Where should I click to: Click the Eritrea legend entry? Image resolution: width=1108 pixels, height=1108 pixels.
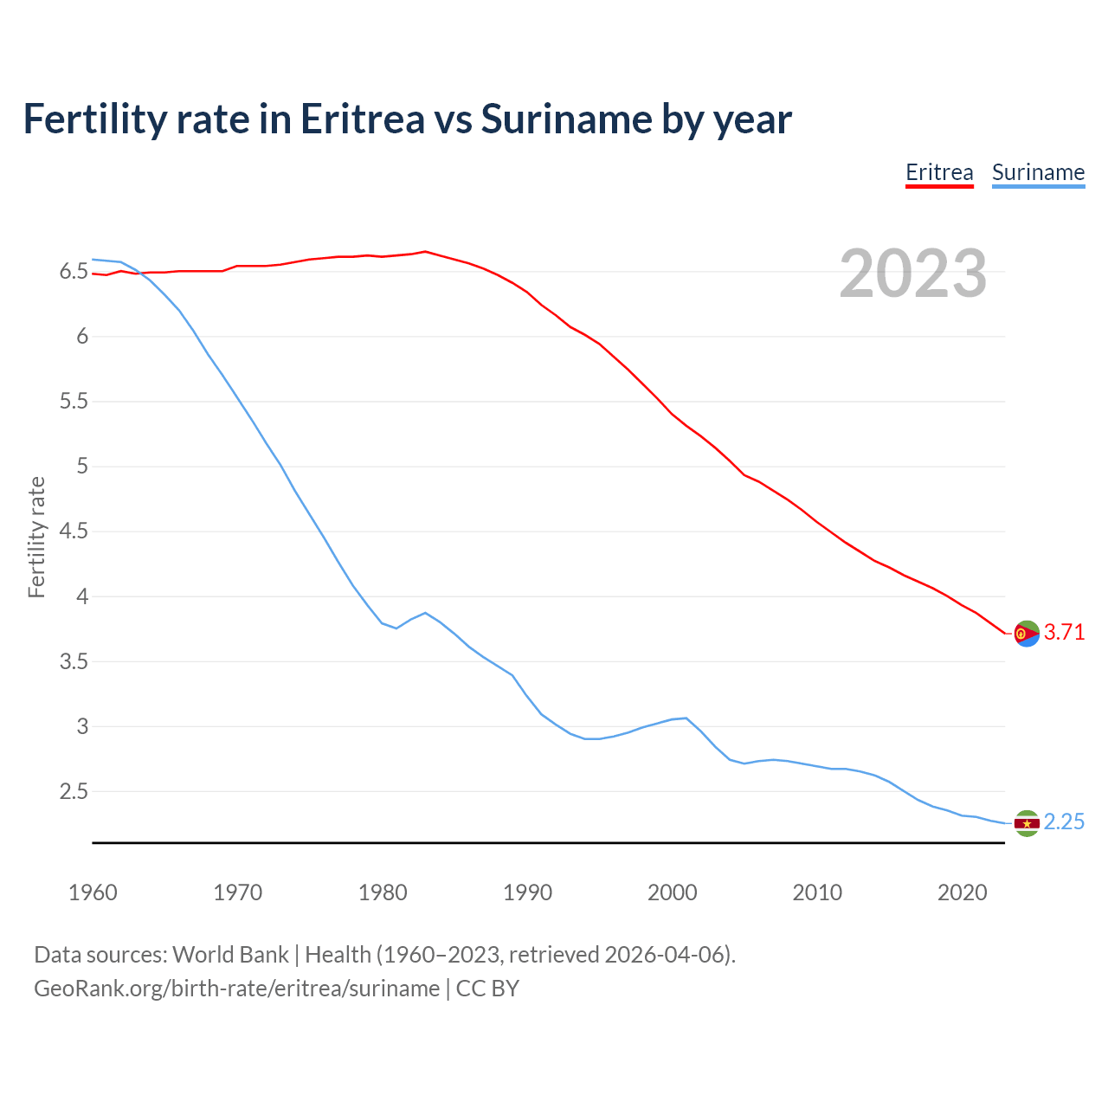pos(939,172)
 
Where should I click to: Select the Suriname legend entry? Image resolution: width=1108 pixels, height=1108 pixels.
pos(1038,172)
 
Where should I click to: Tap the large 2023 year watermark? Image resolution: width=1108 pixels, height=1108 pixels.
pos(913,274)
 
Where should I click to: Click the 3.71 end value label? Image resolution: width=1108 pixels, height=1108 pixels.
pos(1064,633)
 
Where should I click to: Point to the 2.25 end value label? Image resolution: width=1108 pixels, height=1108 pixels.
pos(1064,822)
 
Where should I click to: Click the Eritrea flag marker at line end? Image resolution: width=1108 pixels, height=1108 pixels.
pos(1027,634)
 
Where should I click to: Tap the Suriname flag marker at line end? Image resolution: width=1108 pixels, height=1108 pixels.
pos(1027,823)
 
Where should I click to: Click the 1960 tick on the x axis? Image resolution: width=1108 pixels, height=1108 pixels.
pos(93,892)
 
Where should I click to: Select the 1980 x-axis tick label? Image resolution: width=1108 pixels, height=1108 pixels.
pos(383,892)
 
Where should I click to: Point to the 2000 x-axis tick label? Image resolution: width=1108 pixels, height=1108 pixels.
pos(672,892)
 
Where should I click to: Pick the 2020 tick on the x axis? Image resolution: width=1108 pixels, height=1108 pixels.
pos(962,892)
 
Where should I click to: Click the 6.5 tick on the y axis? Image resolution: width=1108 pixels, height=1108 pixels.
pos(74,272)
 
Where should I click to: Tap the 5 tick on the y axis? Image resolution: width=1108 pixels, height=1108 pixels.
pos(82,467)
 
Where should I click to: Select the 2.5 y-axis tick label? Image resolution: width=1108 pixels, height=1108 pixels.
pos(74,792)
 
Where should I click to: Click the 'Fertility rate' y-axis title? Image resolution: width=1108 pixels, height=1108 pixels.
pos(36,537)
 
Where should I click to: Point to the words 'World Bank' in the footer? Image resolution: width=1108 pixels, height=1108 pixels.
pos(230,955)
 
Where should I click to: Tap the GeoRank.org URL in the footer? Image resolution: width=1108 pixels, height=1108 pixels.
pos(236,989)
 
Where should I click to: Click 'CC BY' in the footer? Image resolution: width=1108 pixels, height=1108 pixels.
pos(487,989)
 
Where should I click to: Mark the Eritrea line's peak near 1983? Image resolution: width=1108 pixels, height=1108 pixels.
pos(425,252)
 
